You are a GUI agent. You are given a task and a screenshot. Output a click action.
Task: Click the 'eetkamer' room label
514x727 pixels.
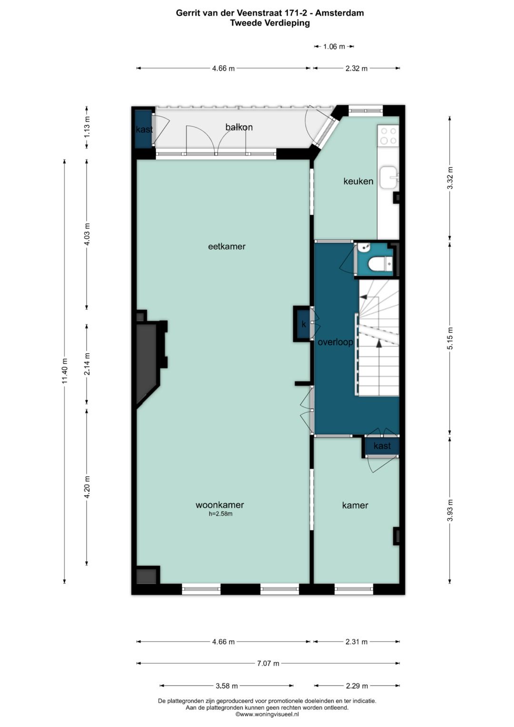click(x=227, y=246)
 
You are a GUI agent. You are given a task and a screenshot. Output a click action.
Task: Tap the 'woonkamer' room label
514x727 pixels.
click(x=219, y=505)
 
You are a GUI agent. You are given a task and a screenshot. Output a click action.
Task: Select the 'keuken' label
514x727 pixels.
click(x=358, y=181)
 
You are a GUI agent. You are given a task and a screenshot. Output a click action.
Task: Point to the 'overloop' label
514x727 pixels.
click(x=335, y=342)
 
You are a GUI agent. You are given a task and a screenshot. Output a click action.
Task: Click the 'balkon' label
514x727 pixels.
click(x=239, y=127)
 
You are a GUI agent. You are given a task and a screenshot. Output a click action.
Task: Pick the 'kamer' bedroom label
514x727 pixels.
click(x=355, y=505)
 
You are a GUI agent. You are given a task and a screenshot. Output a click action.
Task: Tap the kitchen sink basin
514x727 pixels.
click(x=389, y=177)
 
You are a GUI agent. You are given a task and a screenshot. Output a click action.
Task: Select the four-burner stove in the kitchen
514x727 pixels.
click(x=388, y=136)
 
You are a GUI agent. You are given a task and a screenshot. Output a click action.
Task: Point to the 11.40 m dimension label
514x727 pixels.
click(x=65, y=370)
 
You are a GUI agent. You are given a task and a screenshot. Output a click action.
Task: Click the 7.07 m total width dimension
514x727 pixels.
click(x=268, y=663)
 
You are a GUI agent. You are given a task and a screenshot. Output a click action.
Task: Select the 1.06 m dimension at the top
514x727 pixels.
click(x=334, y=47)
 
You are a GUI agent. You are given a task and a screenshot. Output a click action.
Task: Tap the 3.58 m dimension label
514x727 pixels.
click(x=226, y=686)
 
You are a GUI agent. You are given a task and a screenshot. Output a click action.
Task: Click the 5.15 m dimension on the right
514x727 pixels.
click(x=450, y=338)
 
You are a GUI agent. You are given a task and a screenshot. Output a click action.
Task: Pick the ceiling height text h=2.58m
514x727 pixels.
click(x=220, y=514)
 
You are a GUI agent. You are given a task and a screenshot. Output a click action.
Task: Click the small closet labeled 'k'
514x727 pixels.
click(x=303, y=325)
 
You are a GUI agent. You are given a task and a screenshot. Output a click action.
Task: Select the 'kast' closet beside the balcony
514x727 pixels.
click(x=143, y=129)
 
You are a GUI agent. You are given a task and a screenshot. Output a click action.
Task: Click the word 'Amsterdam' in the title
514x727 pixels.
click(x=339, y=13)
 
